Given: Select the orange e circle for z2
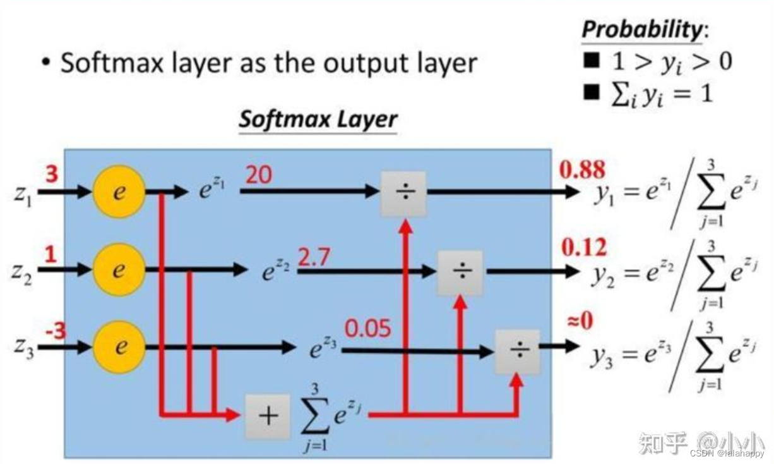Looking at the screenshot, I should (x=119, y=270).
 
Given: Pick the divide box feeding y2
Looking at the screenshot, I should (x=460, y=272).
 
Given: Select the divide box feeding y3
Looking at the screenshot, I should (x=517, y=351).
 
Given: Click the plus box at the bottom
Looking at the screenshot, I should (x=268, y=416).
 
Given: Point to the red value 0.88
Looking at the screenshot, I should (x=582, y=169).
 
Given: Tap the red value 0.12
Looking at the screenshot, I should (x=584, y=247).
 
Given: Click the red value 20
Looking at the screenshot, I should (x=258, y=174).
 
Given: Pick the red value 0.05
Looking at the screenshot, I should (x=367, y=329).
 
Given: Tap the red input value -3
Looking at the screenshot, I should (x=55, y=331).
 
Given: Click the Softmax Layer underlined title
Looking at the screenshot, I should (x=318, y=119).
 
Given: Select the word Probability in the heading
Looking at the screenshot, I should (x=640, y=29).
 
